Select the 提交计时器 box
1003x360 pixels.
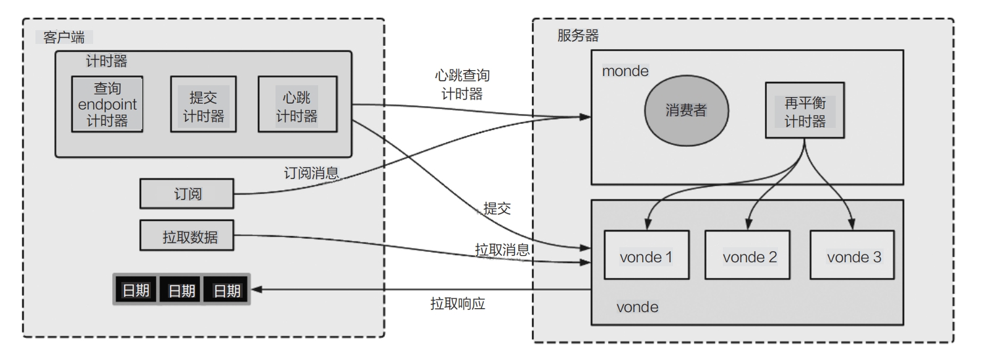203,105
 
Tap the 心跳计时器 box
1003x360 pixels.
297,105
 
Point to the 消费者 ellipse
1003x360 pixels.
686,110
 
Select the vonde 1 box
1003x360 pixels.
645,256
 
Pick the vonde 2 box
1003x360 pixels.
749,256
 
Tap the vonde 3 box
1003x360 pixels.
853,256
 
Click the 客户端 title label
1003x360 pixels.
64,37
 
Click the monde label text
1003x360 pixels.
624,71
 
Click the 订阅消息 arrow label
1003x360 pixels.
312,173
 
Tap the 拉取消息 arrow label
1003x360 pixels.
502,250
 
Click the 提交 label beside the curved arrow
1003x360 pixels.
497,209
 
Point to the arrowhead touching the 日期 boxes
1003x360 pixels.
257,290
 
